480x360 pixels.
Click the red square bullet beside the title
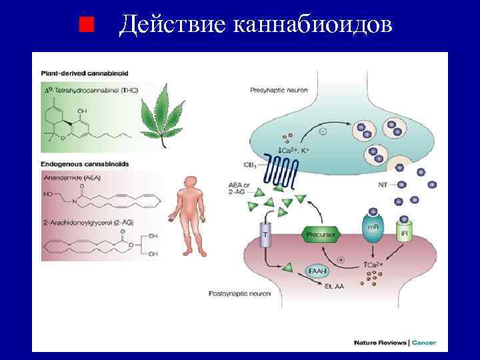point(85,25)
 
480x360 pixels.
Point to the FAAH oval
point(318,270)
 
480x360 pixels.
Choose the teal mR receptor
point(373,229)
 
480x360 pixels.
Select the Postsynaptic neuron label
point(239,293)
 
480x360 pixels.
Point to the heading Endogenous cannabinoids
point(85,163)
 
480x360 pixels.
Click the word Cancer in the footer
point(424,343)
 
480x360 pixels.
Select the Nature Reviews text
point(380,343)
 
